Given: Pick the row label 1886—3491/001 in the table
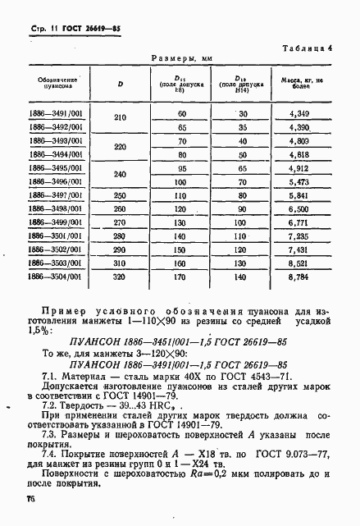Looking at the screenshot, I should (57, 112).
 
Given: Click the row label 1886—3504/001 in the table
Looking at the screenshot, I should (57, 278).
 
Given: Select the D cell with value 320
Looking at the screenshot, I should (121, 278).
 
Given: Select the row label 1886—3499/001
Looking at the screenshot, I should (57, 222).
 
